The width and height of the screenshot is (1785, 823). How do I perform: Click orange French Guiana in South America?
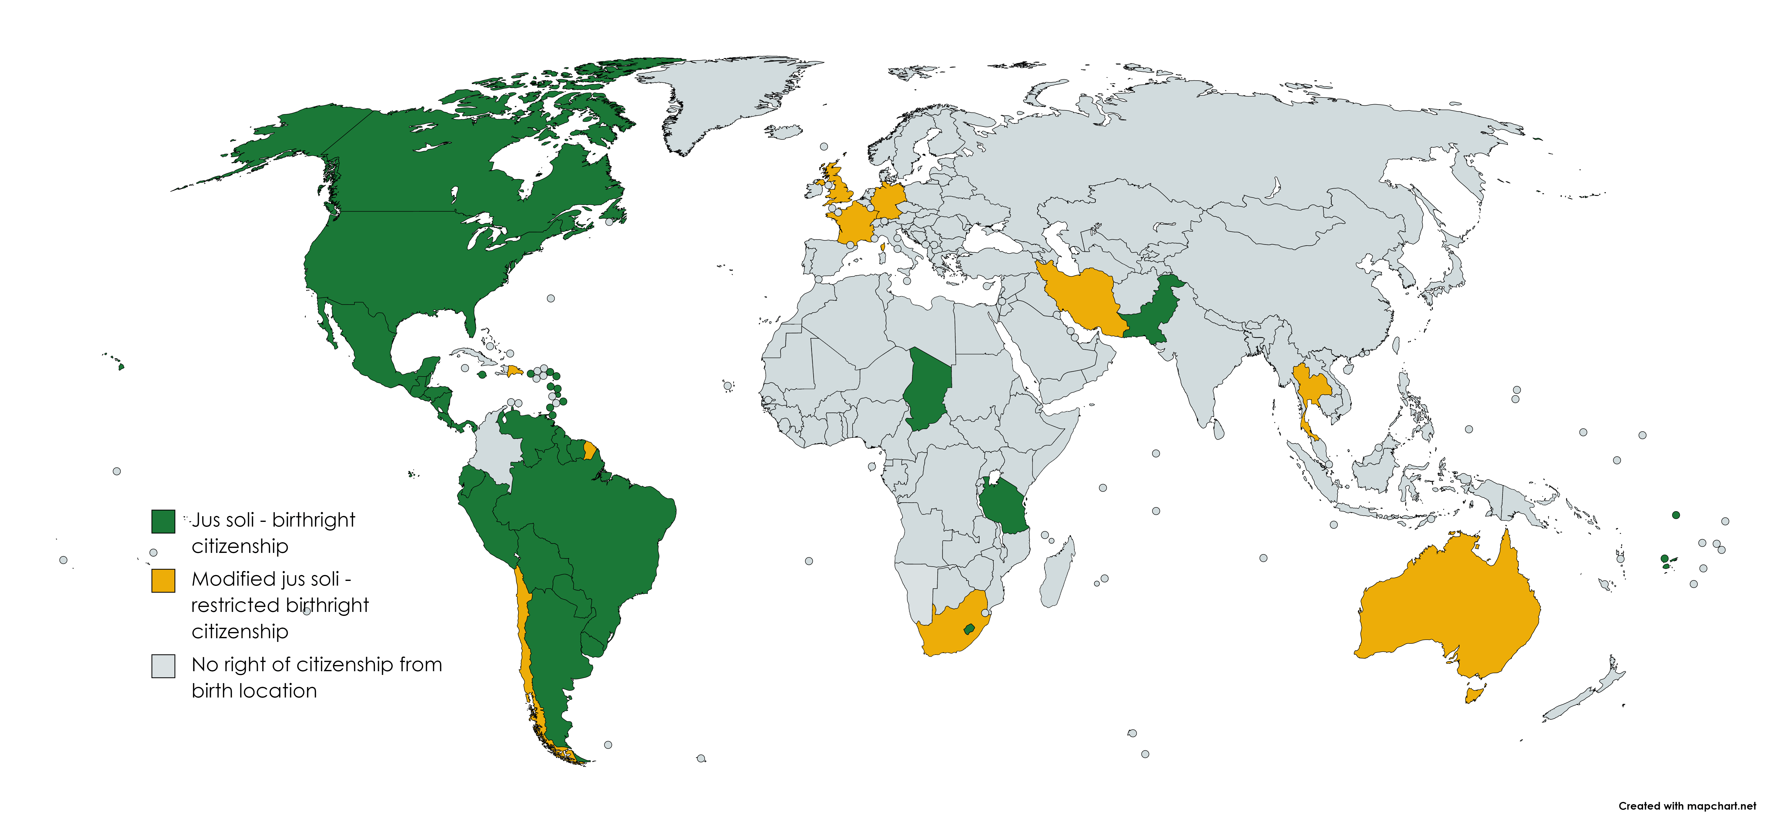click(x=589, y=450)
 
